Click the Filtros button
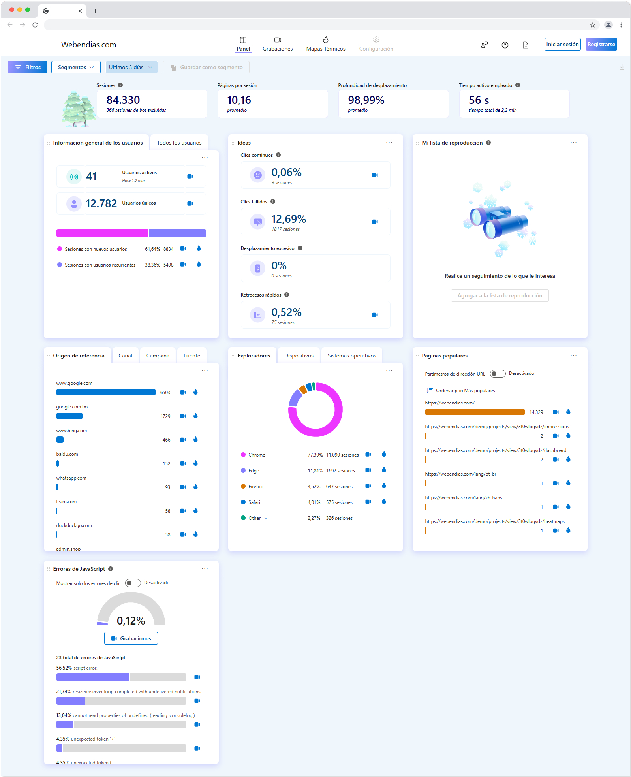27,67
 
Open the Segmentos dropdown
76,67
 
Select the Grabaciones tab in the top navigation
278,44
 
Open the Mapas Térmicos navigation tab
326,44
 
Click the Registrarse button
601,44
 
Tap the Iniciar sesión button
562,44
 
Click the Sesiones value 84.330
123,100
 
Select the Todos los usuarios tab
179,143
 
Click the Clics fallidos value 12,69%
289,219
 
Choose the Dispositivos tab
299,356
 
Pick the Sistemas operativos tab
352,356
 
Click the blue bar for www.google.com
106,392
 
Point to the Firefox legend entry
255,487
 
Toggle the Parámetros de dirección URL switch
498,374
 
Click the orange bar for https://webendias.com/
475,412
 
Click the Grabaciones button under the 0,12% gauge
131,638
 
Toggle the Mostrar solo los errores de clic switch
133,583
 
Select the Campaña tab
158,356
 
